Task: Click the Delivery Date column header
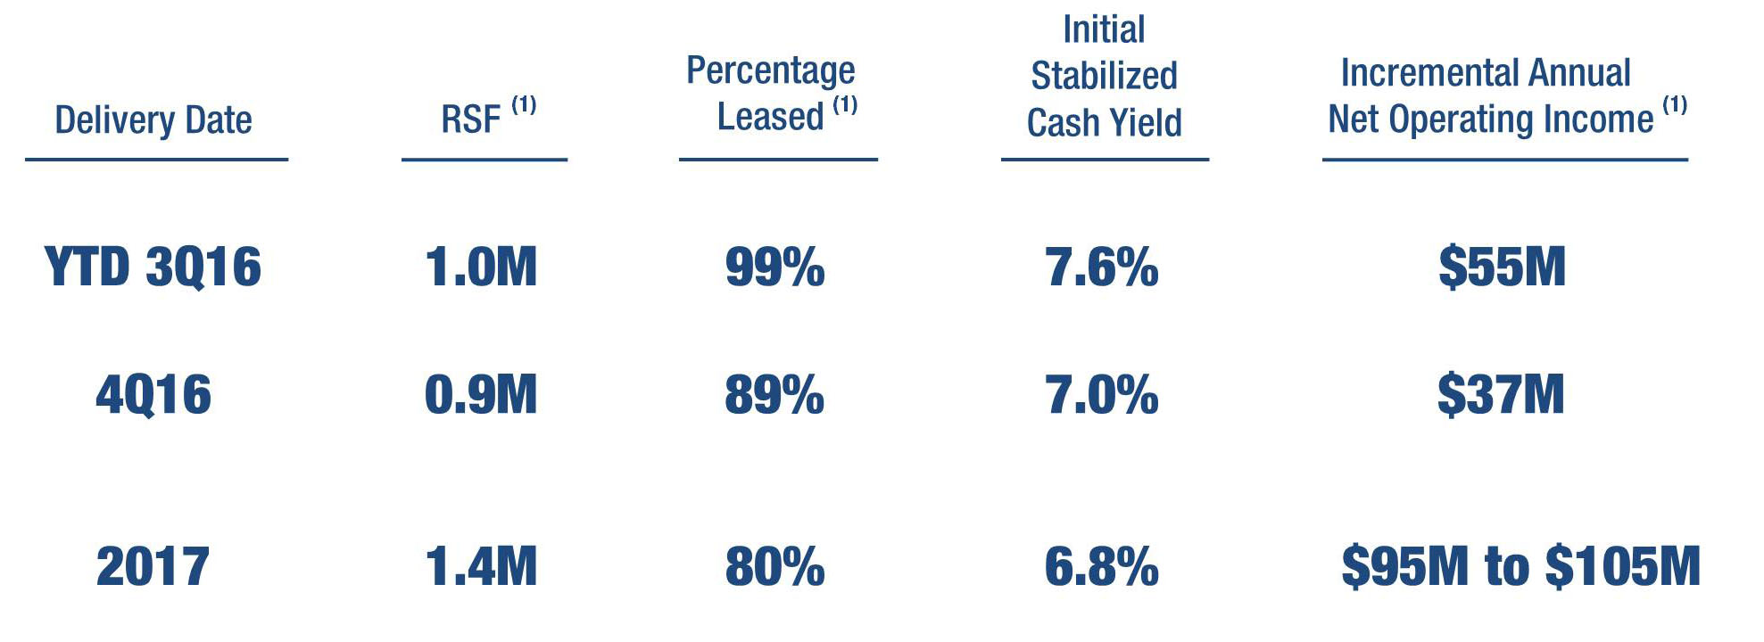point(153,120)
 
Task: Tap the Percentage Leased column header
point(773,95)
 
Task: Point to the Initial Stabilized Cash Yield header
point(1105,77)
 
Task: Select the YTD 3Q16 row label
point(153,267)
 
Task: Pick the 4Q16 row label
point(153,394)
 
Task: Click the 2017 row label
point(153,566)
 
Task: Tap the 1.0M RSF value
point(481,267)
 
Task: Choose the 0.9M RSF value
point(481,394)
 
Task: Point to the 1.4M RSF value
point(481,566)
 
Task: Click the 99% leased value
point(774,267)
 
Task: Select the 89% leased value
point(774,394)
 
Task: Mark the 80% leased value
point(774,566)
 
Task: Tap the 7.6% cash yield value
point(1101,267)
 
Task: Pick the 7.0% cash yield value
point(1101,394)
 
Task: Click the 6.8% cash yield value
point(1101,566)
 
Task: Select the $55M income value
point(1502,267)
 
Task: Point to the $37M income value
point(1501,394)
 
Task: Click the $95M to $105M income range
point(1520,566)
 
